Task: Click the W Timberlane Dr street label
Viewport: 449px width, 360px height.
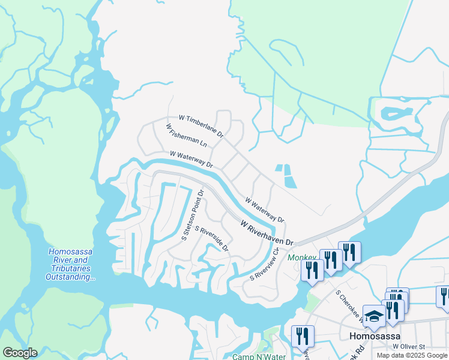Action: [x=201, y=125]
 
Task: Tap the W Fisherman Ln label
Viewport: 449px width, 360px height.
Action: [x=186, y=136]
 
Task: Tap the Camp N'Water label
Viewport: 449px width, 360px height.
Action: [x=259, y=356]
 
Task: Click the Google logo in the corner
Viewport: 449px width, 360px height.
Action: [x=20, y=353]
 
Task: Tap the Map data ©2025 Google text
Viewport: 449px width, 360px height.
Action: [x=412, y=355]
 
